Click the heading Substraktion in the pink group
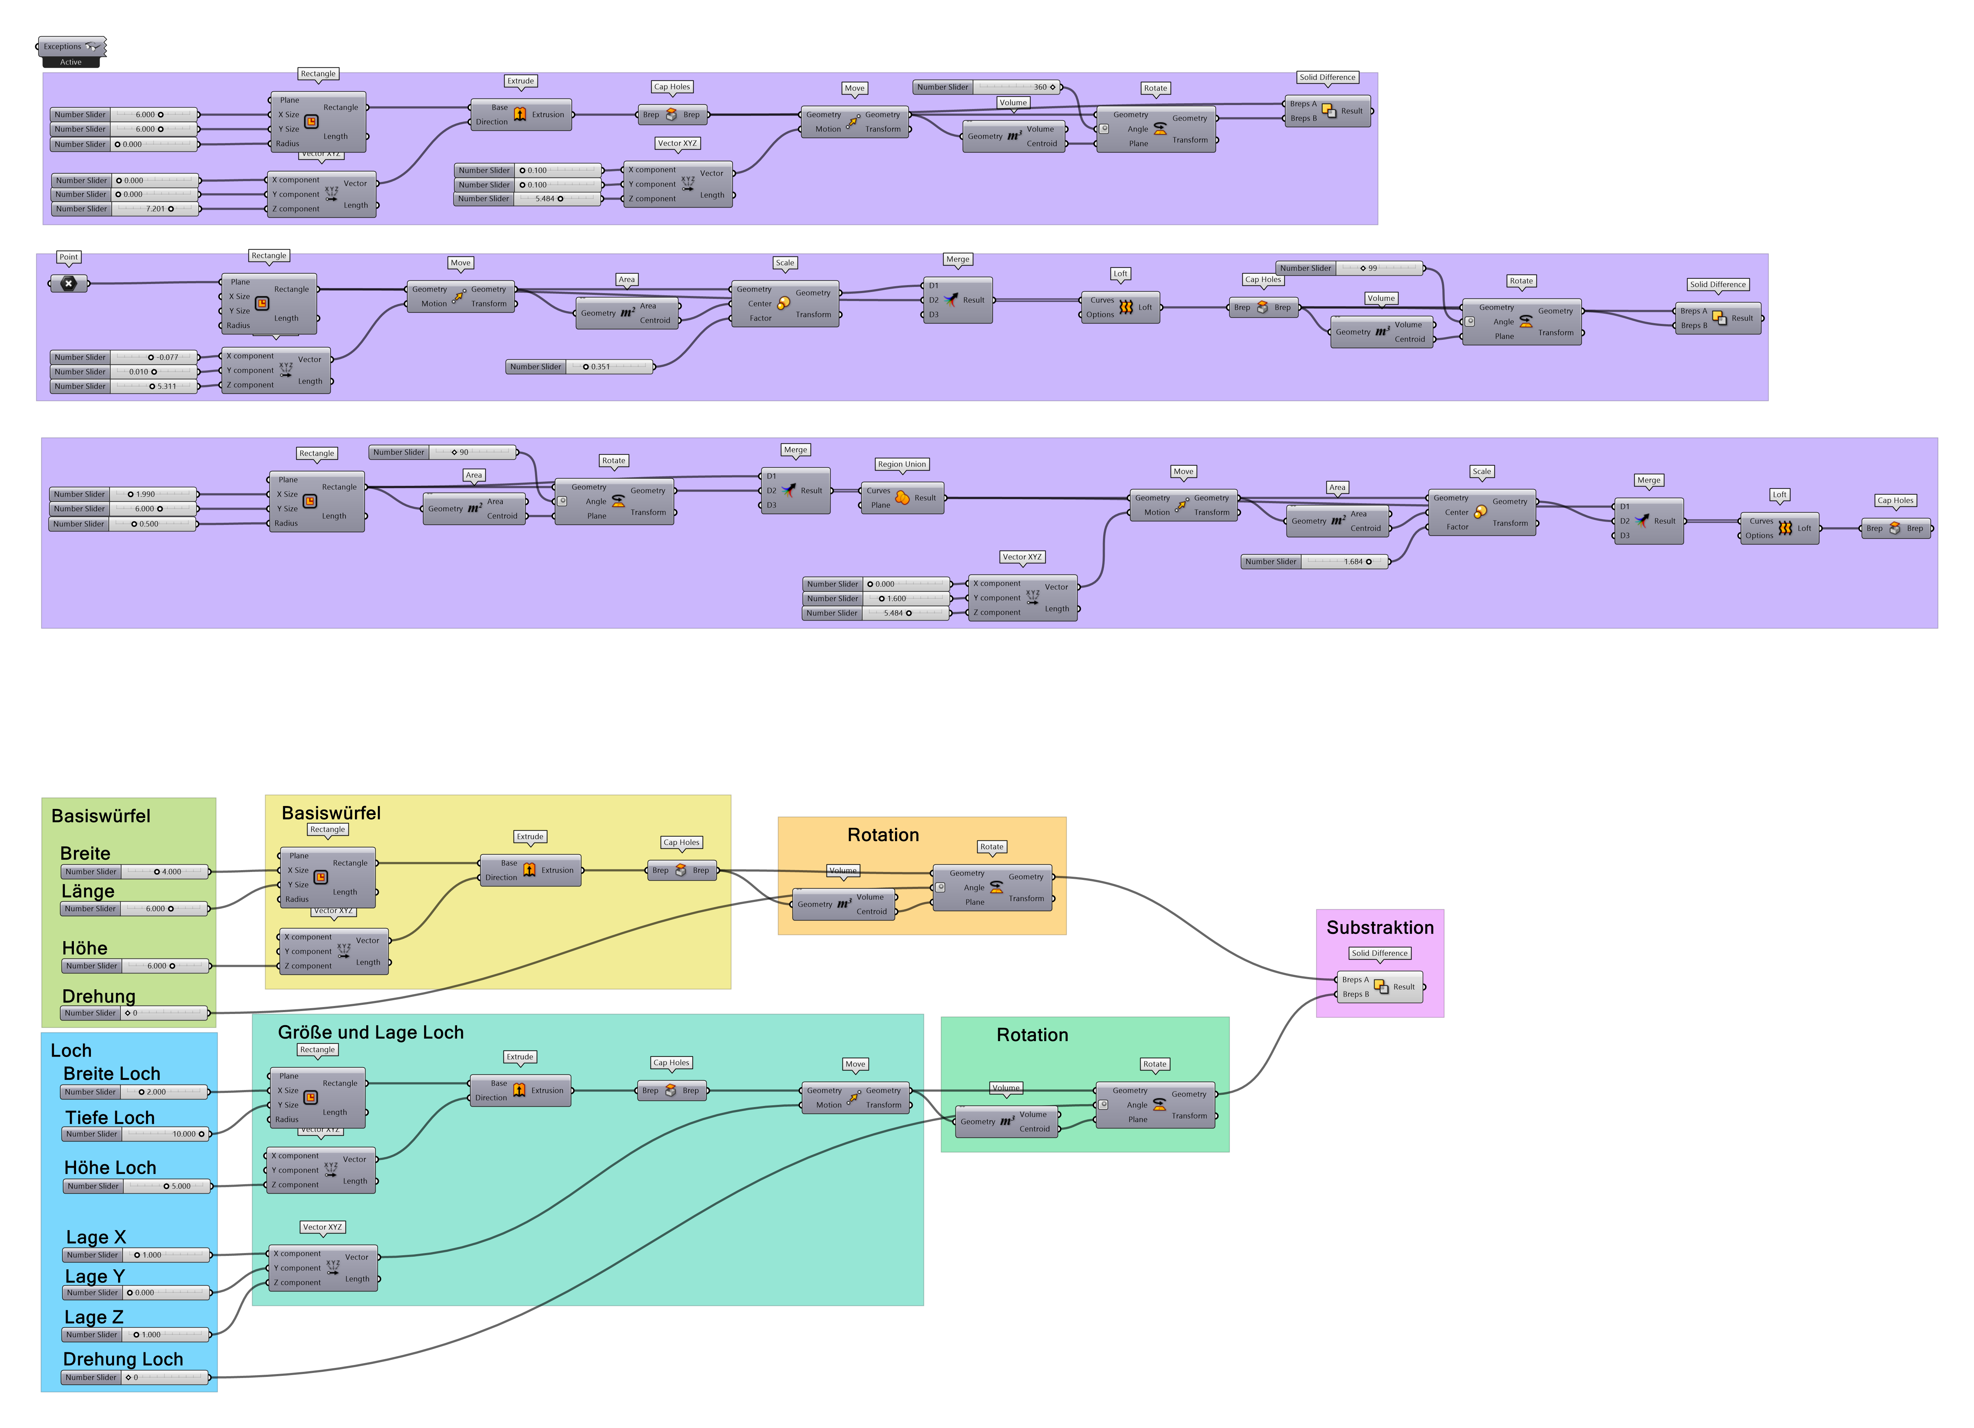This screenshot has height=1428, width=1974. point(1380,927)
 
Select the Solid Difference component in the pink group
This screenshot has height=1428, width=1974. point(1380,986)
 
